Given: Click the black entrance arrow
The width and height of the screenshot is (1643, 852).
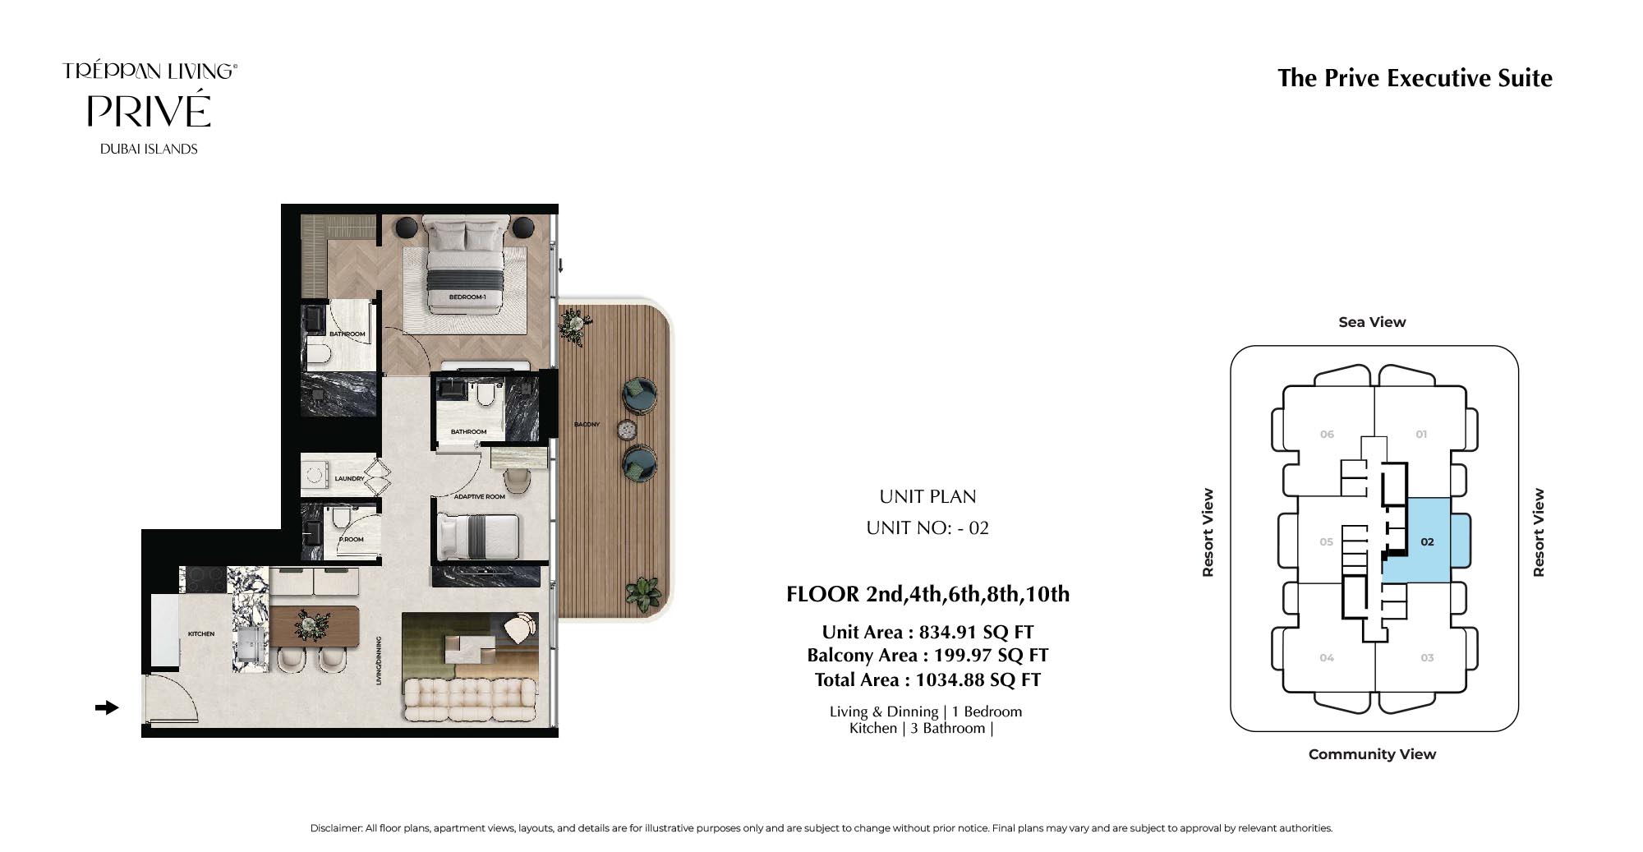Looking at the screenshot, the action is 107,707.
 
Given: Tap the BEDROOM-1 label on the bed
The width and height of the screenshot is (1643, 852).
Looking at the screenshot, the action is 467,297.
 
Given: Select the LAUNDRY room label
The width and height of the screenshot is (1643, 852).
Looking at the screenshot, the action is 349,478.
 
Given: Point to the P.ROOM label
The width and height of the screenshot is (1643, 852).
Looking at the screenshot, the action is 352,540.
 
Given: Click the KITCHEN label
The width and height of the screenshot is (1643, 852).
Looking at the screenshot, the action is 201,633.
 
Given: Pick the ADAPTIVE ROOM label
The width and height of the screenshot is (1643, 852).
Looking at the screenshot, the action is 480,496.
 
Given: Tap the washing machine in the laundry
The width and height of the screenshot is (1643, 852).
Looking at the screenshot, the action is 315,475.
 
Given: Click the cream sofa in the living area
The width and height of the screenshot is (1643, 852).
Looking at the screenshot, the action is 470,700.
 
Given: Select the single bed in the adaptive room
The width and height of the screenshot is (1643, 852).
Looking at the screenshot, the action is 478,537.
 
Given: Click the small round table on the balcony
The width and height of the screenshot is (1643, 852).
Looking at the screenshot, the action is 628,429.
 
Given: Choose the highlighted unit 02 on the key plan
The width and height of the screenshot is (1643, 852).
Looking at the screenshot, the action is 1427,541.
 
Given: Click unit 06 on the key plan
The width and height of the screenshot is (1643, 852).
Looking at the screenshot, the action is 1327,434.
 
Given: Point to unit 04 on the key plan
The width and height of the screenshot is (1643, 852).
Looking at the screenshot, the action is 1327,657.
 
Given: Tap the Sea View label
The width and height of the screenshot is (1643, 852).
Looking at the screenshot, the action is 1372,322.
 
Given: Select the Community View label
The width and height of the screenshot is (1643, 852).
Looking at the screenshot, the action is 1372,754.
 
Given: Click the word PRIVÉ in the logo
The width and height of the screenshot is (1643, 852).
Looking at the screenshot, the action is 149,111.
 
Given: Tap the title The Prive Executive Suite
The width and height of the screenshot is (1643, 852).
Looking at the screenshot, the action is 1415,78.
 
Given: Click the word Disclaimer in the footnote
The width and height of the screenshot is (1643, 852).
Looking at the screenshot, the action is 336,828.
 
